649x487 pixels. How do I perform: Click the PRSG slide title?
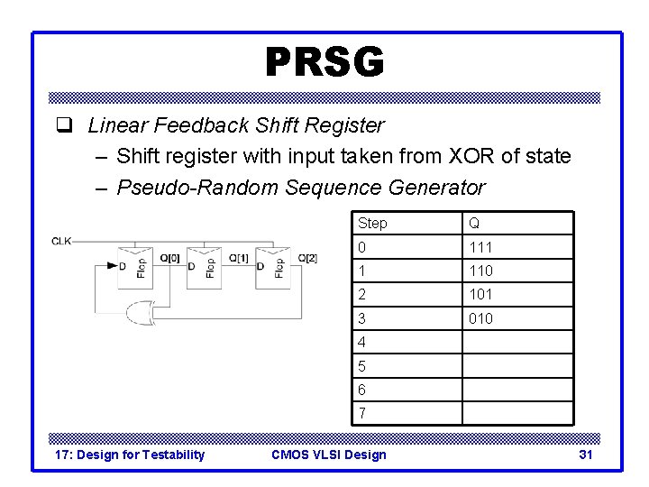(x=324, y=62)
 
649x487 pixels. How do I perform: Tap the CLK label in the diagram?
(x=62, y=241)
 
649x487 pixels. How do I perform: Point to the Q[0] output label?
(x=170, y=259)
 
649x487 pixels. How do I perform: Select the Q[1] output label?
(x=239, y=259)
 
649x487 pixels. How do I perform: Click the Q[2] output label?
(x=307, y=259)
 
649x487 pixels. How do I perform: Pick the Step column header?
(x=372, y=224)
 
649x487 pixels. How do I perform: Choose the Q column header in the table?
(x=471, y=224)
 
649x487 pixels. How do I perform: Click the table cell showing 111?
(x=480, y=247)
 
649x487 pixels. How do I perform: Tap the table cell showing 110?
(x=480, y=271)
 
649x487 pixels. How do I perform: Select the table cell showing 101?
(x=480, y=294)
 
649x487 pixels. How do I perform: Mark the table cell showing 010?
(x=480, y=318)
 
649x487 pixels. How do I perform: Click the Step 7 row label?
(x=361, y=413)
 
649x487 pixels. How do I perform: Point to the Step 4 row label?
(x=361, y=342)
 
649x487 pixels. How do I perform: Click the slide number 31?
(x=585, y=455)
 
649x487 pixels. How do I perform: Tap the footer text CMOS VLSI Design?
(x=328, y=455)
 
